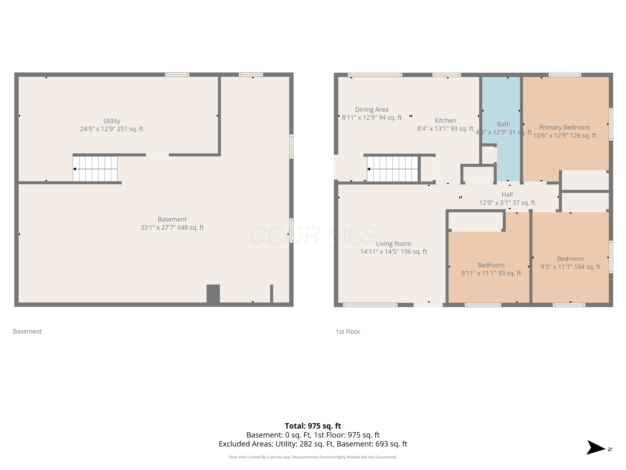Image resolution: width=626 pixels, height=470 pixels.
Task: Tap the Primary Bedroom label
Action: (x=564, y=127)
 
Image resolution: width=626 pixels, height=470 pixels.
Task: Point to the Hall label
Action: (x=507, y=195)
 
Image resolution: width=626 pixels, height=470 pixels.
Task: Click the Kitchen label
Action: (x=445, y=120)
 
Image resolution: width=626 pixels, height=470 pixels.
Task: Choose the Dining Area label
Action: (x=372, y=110)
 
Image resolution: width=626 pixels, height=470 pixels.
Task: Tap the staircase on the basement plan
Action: (x=95, y=169)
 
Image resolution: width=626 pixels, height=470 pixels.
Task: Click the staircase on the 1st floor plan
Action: (x=392, y=169)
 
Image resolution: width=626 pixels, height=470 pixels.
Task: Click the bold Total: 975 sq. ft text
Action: (x=313, y=426)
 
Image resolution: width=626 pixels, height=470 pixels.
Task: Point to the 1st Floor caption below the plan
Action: (x=348, y=332)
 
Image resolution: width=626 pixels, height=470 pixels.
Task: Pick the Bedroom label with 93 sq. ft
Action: (x=491, y=265)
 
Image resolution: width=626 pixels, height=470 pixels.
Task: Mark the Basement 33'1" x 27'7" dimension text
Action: (x=172, y=227)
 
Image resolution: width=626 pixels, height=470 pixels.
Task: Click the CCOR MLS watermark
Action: (x=313, y=236)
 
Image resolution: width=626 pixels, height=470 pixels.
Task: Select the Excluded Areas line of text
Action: (x=313, y=444)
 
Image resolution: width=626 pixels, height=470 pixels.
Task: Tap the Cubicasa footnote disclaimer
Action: (x=313, y=457)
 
